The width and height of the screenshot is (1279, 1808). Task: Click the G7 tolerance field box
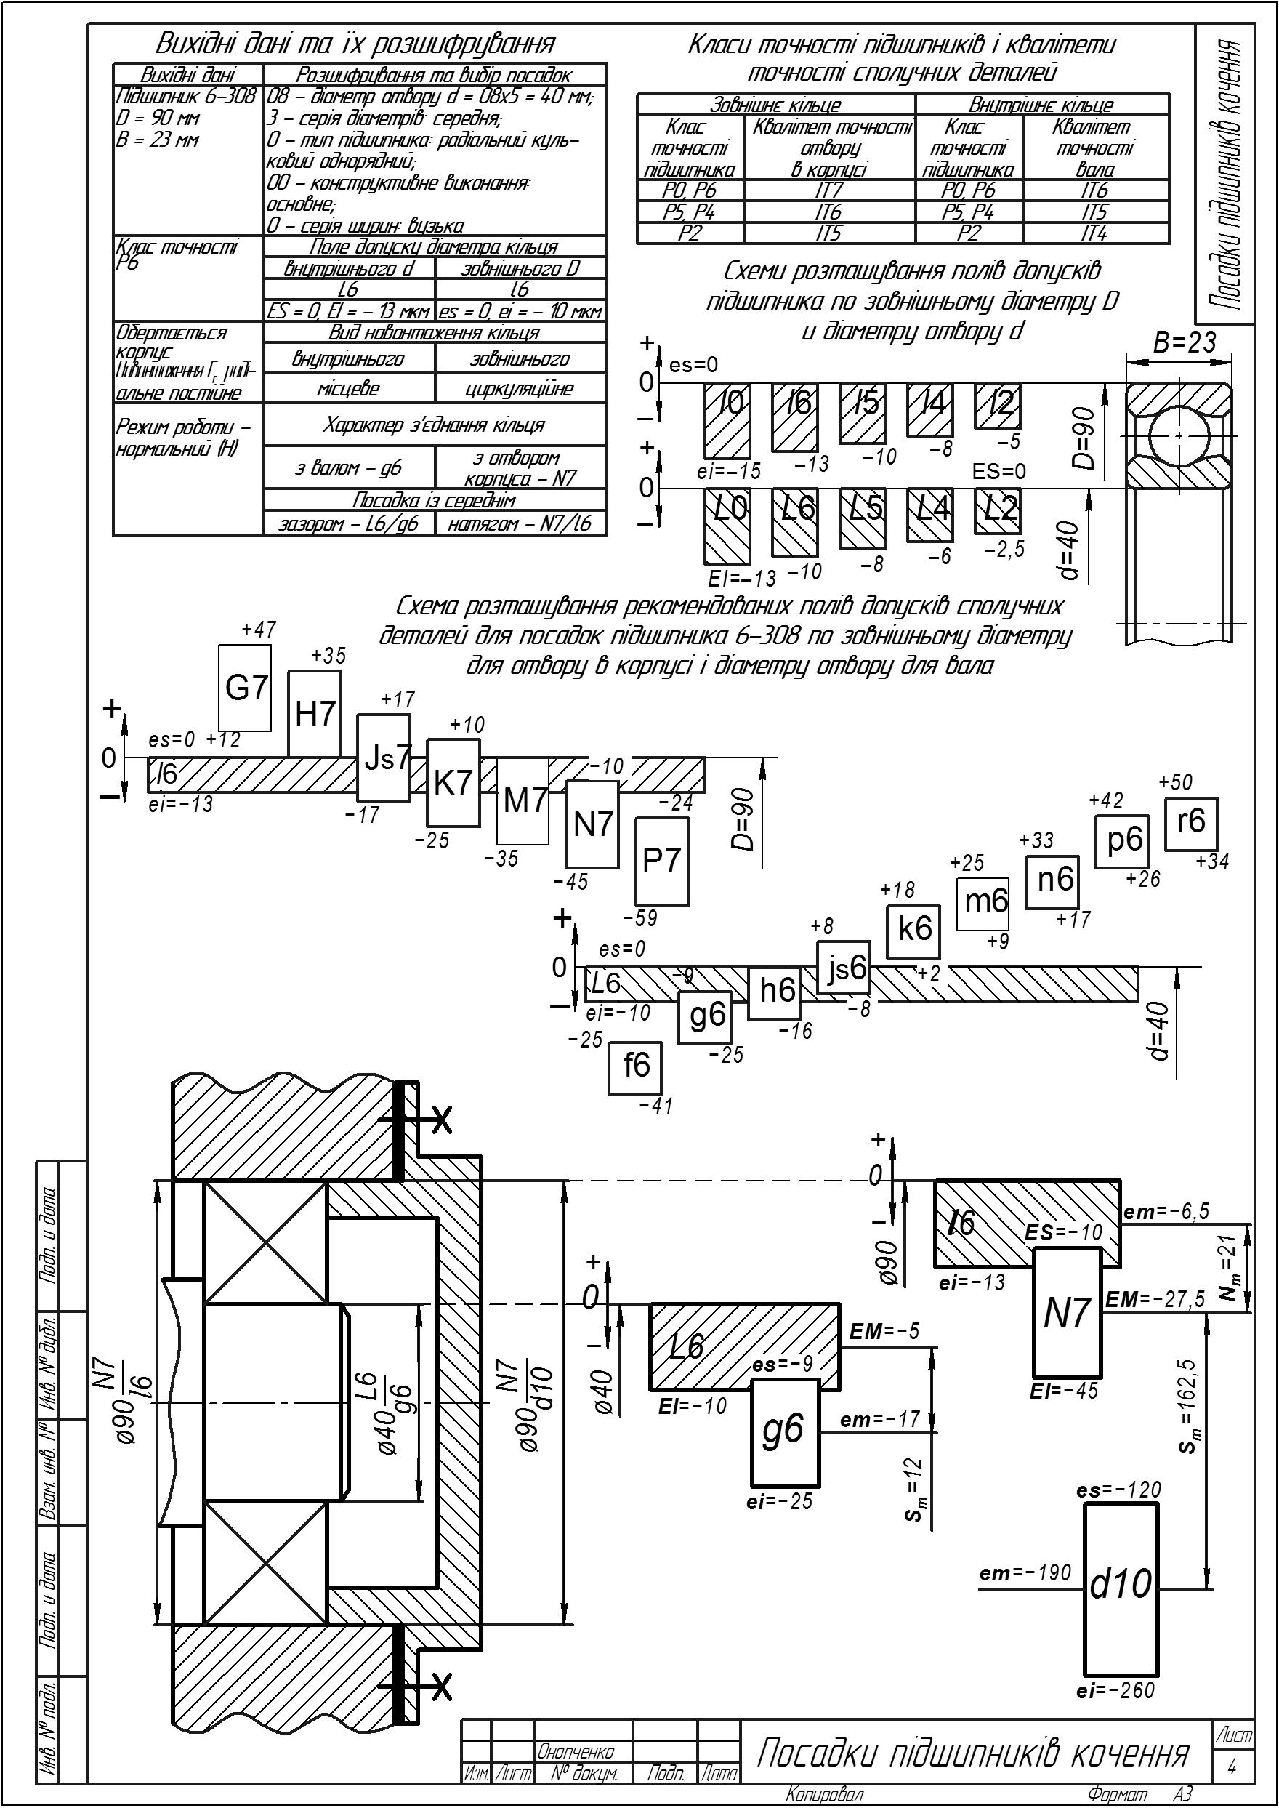click(245, 688)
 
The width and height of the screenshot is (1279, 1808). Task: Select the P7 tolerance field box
click(661, 861)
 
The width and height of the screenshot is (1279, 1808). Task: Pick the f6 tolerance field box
click(634, 1068)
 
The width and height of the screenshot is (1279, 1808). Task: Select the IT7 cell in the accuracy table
click(829, 190)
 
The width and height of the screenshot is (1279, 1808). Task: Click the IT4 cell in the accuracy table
click(1094, 233)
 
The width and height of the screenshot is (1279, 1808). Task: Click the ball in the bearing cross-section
click(1178, 435)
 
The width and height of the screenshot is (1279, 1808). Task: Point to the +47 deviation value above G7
click(259, 630)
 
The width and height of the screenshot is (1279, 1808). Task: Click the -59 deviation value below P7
click(640, 919)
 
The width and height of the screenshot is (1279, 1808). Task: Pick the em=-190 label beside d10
click(1025, 1572)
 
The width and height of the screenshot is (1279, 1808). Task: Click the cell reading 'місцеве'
click(349, 388)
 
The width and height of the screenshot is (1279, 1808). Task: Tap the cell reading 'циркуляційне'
click(520, 389)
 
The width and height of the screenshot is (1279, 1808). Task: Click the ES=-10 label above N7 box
click(1064, 1233)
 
